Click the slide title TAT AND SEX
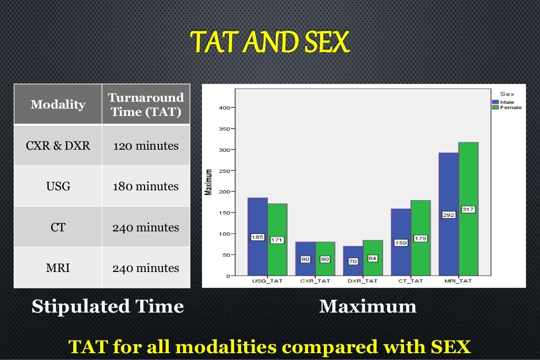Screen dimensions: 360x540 269,42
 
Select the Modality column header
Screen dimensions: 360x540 57,104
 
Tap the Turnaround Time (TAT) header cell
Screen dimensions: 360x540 146,104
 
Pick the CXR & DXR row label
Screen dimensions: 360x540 58,145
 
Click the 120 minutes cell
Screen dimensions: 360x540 146,145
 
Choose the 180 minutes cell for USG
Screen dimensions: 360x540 146,187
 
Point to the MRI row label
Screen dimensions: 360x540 58,268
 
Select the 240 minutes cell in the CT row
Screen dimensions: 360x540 146,227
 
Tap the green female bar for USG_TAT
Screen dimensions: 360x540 277,221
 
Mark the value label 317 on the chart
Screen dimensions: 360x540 468,209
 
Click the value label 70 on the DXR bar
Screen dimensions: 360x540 352,261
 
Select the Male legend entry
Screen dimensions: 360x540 503,102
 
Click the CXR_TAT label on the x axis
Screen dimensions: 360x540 315,281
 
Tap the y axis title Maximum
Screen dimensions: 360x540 209,182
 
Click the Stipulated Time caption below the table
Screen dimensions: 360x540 108,306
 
